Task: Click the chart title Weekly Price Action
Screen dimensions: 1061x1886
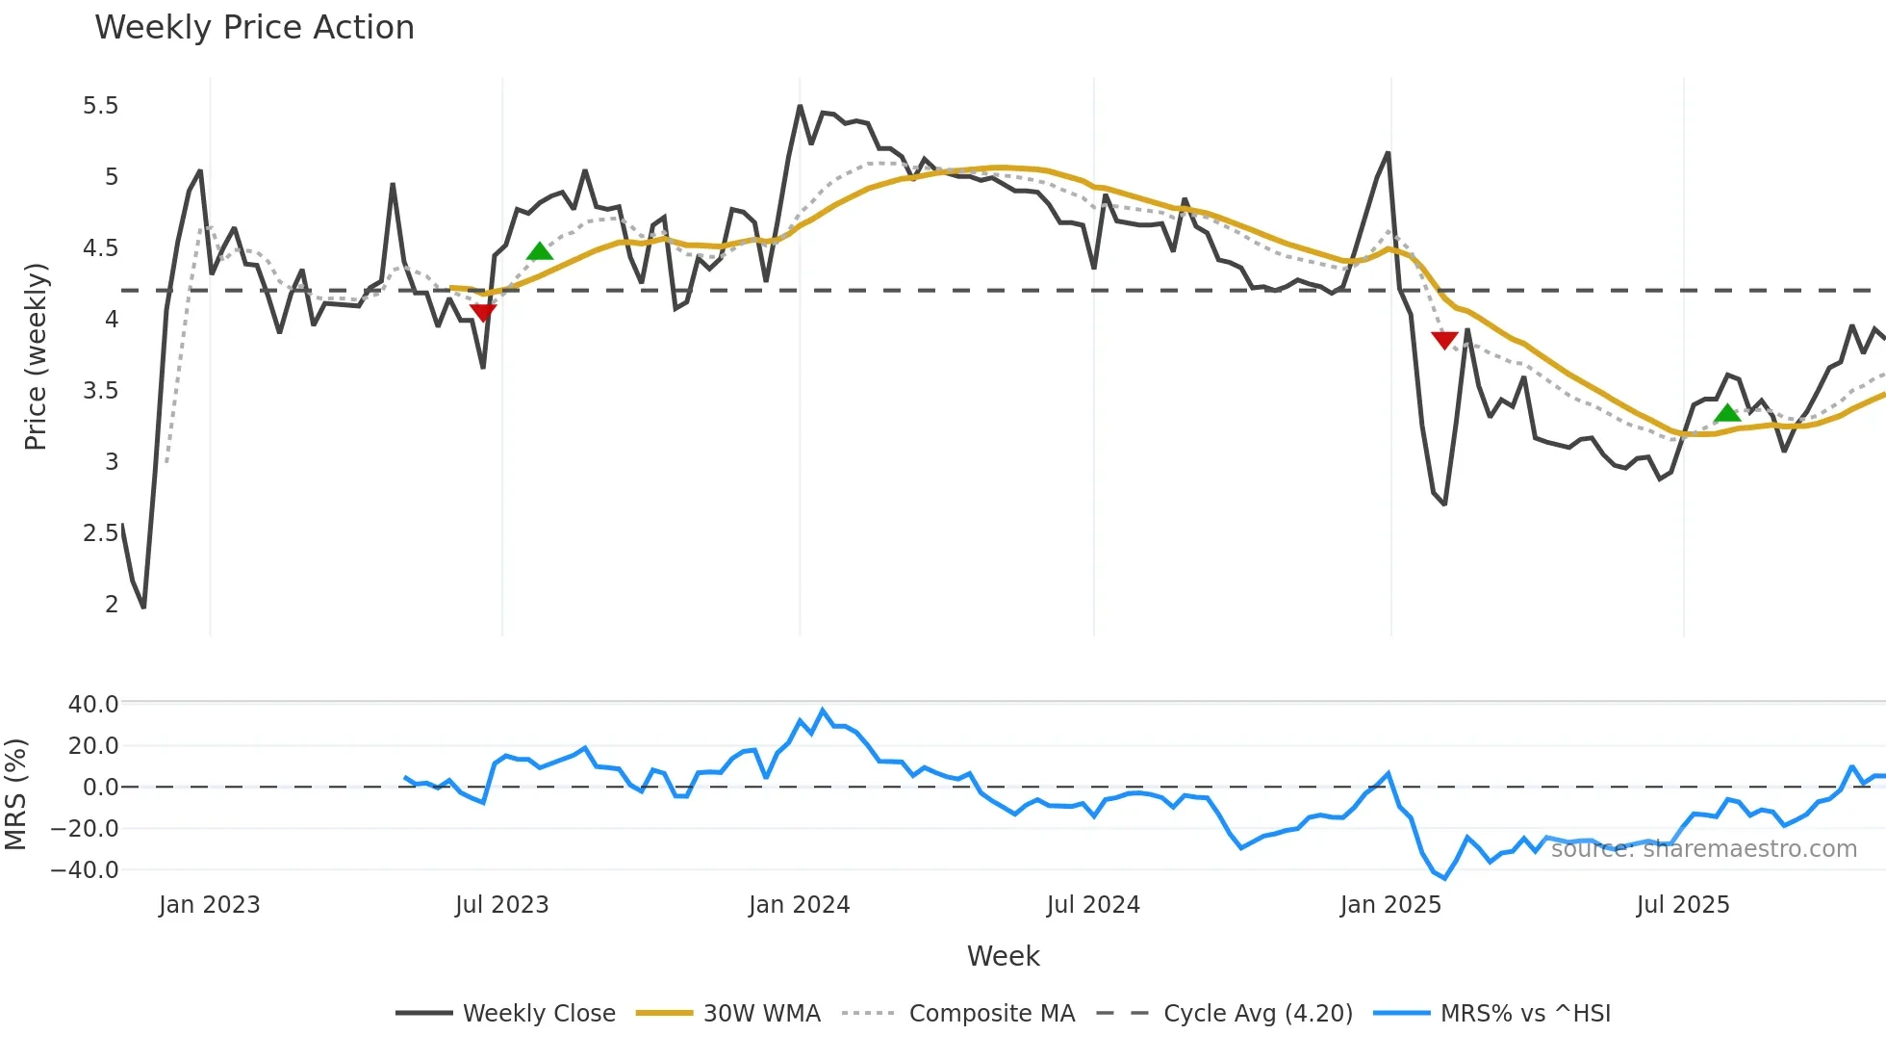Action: coord(254,28)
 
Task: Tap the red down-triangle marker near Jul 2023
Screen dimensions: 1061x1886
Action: coord(483,312)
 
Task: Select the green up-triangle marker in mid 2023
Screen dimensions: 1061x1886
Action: coord(540,251)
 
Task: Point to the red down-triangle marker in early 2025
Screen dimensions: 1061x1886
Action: coord(1444,340)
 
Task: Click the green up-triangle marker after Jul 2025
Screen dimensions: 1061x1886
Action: coord(1727,413)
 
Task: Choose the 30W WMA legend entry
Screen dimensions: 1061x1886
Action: coord(728,1013)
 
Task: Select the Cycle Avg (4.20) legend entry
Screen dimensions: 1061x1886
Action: coord(1224,1013)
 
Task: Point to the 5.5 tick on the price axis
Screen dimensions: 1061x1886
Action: coord(101,106)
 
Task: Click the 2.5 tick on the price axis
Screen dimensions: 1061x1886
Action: coord(101,533)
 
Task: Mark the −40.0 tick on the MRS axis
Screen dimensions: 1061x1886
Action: coord(86,870)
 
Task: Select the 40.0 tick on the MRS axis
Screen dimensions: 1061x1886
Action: coord(93,705)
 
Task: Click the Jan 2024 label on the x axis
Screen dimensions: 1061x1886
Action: coord(799,905)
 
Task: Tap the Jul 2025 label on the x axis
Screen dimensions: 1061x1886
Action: coord(1683,905)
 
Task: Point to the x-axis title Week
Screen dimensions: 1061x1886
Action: coord(1003,956)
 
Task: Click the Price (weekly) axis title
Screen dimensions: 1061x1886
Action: coord(36,356)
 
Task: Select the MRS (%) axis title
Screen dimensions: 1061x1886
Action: coord(16,794)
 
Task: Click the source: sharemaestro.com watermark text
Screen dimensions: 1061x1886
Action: coord(1703,849)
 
